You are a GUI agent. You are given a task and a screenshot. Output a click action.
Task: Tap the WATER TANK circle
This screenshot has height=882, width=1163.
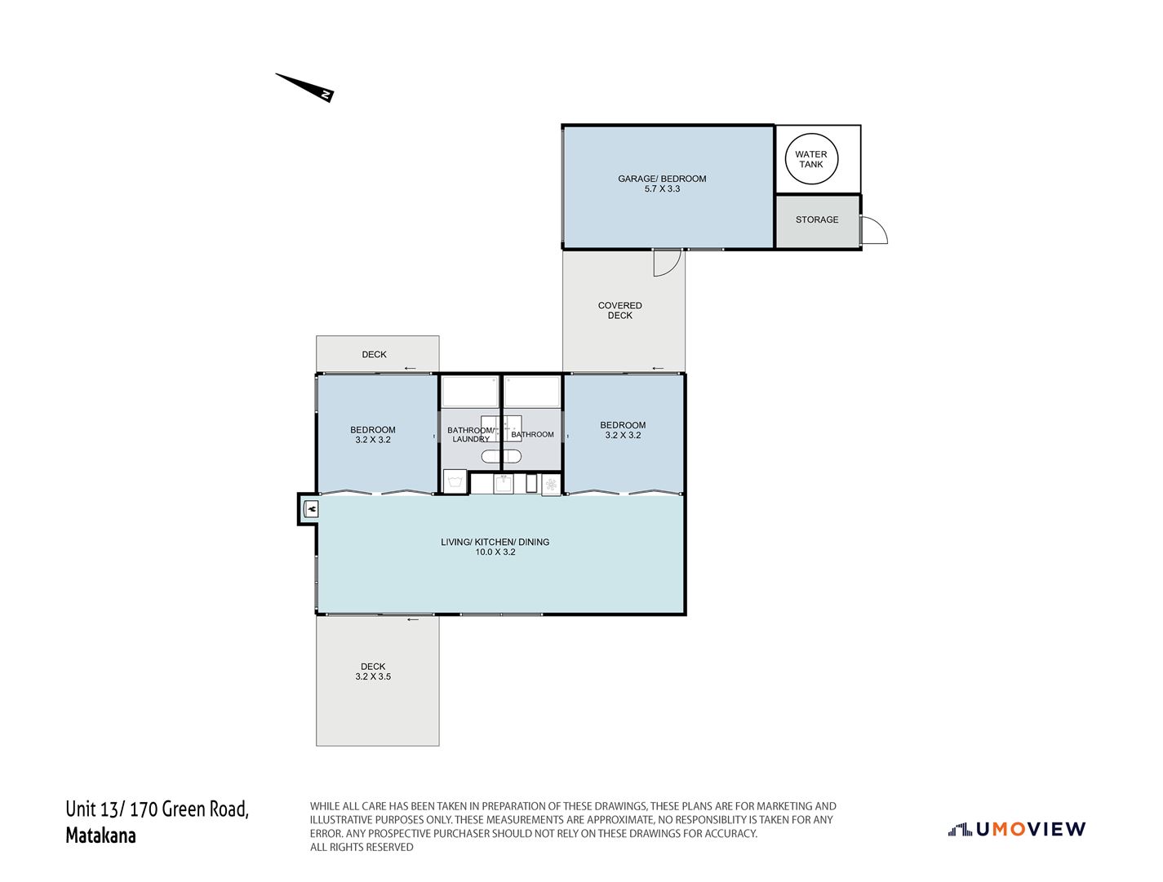811,159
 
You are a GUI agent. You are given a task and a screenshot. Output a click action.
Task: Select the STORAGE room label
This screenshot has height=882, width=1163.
817,219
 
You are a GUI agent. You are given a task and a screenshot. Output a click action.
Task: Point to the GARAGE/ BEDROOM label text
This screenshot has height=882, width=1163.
662,179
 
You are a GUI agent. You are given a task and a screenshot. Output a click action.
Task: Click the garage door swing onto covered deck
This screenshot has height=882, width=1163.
666,262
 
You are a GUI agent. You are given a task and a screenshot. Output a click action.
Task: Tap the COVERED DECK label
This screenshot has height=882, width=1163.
620,311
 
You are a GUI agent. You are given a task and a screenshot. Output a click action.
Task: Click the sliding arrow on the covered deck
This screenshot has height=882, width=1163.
658,367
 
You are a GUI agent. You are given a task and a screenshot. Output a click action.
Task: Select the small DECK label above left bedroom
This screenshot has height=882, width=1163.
375,355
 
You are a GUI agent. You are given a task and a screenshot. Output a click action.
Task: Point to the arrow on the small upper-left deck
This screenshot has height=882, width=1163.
410,368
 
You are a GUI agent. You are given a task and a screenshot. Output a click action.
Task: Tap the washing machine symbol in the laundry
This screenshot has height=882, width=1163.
455,481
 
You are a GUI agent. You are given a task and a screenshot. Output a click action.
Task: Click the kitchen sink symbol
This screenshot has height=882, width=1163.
504,484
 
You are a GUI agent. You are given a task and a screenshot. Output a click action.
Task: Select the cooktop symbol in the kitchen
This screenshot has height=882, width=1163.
552,485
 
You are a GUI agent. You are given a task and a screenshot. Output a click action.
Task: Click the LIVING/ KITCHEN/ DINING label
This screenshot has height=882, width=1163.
495,542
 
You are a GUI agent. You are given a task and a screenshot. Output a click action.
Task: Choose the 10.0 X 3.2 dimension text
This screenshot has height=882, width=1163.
495,552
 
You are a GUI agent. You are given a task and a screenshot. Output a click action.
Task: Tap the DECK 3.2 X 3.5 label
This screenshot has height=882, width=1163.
373,671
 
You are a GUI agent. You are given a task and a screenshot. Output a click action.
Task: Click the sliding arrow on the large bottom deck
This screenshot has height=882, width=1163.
412,619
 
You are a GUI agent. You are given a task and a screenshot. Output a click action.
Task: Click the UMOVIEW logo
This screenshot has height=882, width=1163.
1017,829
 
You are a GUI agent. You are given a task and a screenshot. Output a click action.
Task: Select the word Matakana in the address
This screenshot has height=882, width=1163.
100,835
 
